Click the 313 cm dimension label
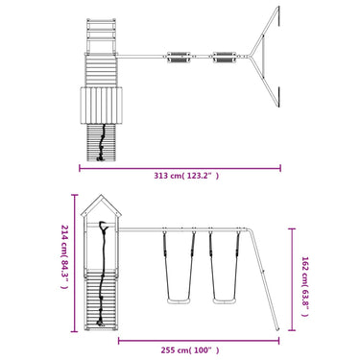[186, 176]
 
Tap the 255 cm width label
[190, 350]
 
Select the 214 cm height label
[64, 256]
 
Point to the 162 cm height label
[305, 286]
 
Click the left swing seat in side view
[179, 301]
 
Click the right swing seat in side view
[225, 301]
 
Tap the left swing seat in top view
[178, 58]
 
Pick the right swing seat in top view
[225, 58]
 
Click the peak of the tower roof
[102, 195]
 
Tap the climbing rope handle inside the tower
[104, 226]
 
